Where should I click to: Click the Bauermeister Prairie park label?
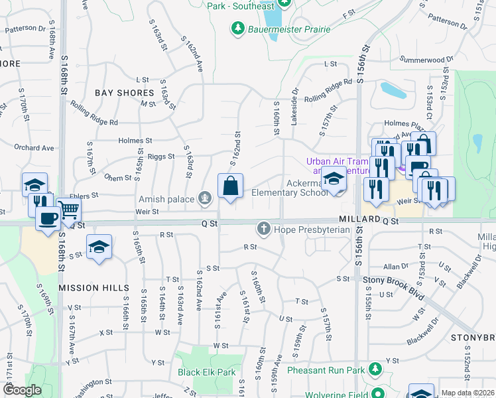click(282, 29)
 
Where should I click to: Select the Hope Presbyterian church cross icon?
click(263, 230)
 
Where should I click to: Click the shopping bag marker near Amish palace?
click(230, 186)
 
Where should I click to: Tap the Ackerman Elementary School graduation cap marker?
click(334, 180)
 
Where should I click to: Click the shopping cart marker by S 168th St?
click(69, 210)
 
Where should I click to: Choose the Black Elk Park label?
click(207, 372)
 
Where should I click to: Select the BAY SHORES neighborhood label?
click(124, 93)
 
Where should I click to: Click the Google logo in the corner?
click(22, 390)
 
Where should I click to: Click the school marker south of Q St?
click(99, 247)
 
